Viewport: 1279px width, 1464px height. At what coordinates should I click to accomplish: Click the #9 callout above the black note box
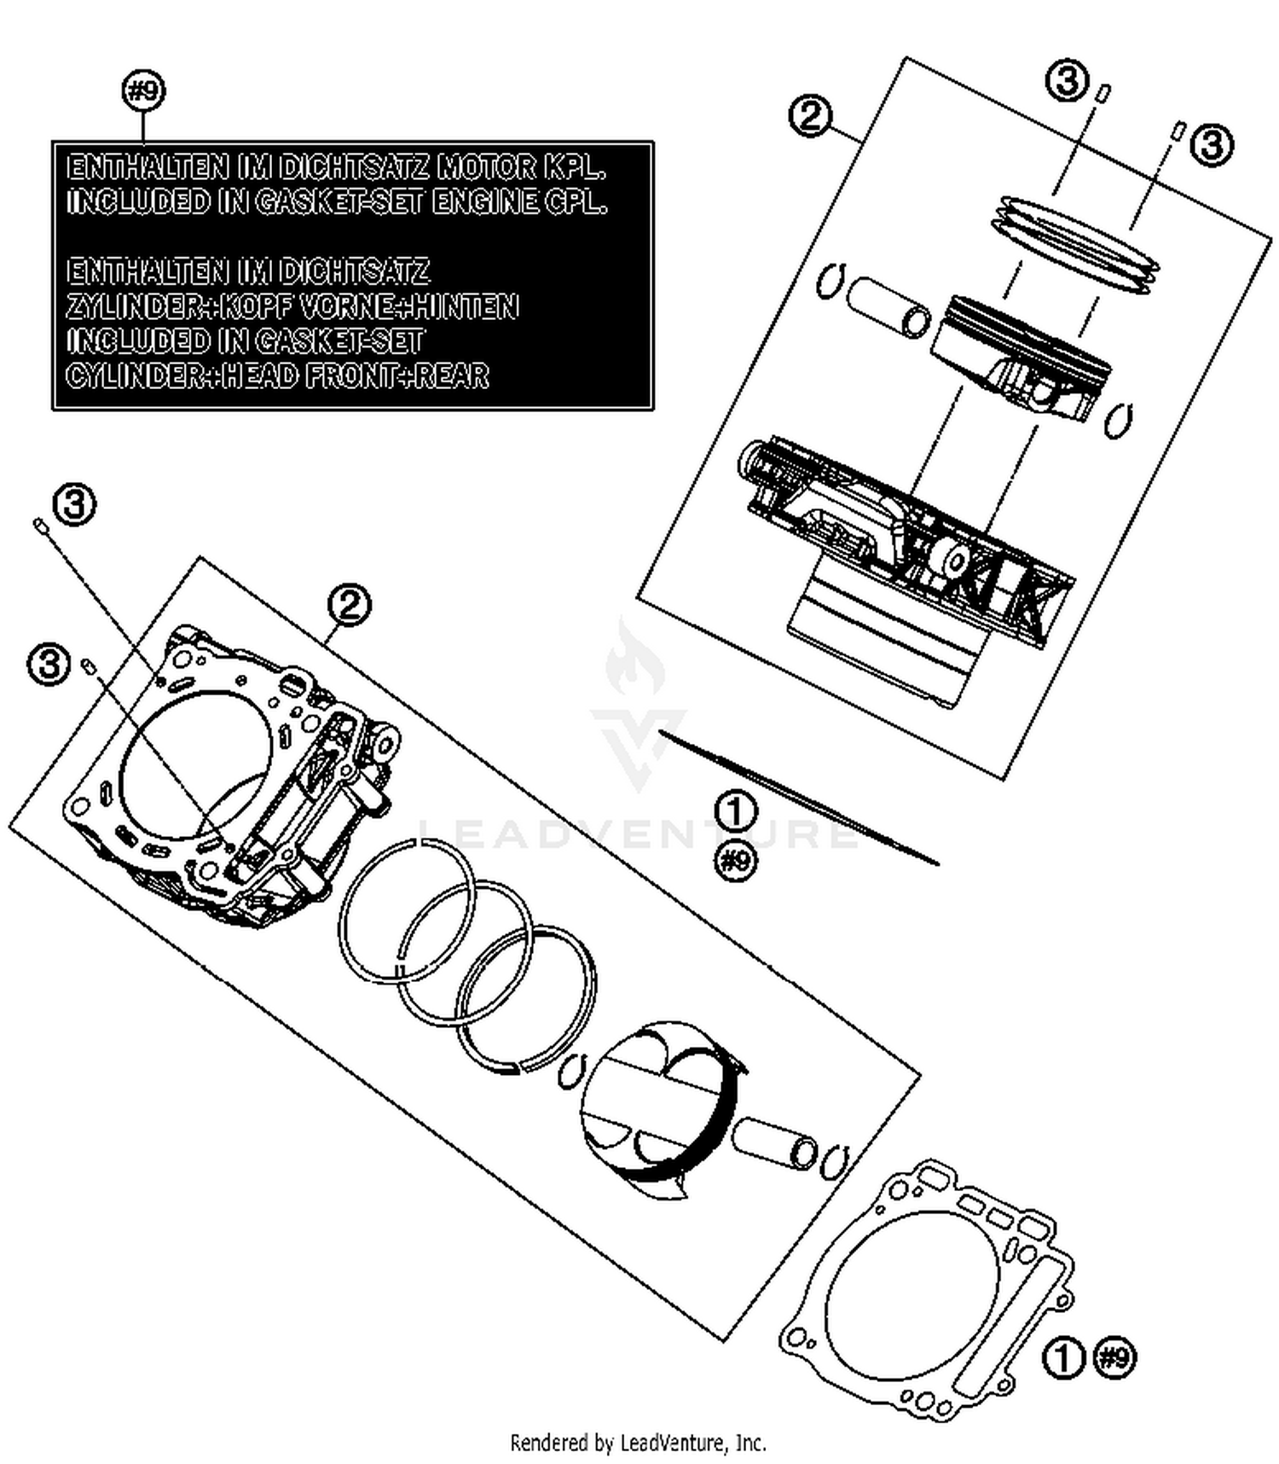tap(144, 91)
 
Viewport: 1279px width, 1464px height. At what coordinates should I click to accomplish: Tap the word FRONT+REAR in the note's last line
tap(396, 375)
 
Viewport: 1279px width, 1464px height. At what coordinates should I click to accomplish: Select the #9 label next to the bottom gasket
tap(1114, 1357)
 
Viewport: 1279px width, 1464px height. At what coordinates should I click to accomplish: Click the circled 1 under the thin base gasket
tap(735, 811)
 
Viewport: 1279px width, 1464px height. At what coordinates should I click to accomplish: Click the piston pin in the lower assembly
tap(774, 1143)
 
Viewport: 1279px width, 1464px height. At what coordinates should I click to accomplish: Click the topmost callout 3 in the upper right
tap(1068, 82)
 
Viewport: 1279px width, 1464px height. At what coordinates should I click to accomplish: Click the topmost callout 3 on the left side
tap(75, 504)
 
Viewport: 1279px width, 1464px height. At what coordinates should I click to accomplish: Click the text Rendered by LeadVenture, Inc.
tap(638, 1444)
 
